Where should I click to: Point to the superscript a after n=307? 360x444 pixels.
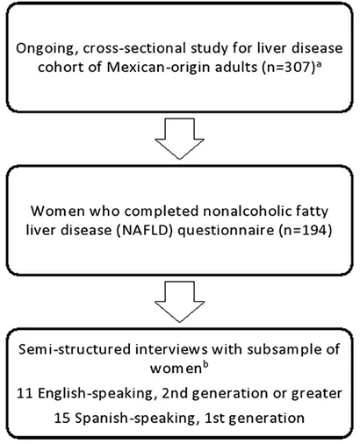click(319, 64)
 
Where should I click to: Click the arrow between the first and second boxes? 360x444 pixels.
click(179, 139)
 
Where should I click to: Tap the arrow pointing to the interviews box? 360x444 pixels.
click(179, 302)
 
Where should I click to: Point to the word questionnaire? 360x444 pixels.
click(226, 231)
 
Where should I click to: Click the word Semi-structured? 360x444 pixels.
click(75, 349)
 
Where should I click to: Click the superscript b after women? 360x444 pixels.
click(205, 365)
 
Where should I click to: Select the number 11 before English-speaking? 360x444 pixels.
click(25, 393)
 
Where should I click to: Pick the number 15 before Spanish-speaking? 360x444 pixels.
click(62, 419)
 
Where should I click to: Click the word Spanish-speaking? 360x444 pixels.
click(135, 419)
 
